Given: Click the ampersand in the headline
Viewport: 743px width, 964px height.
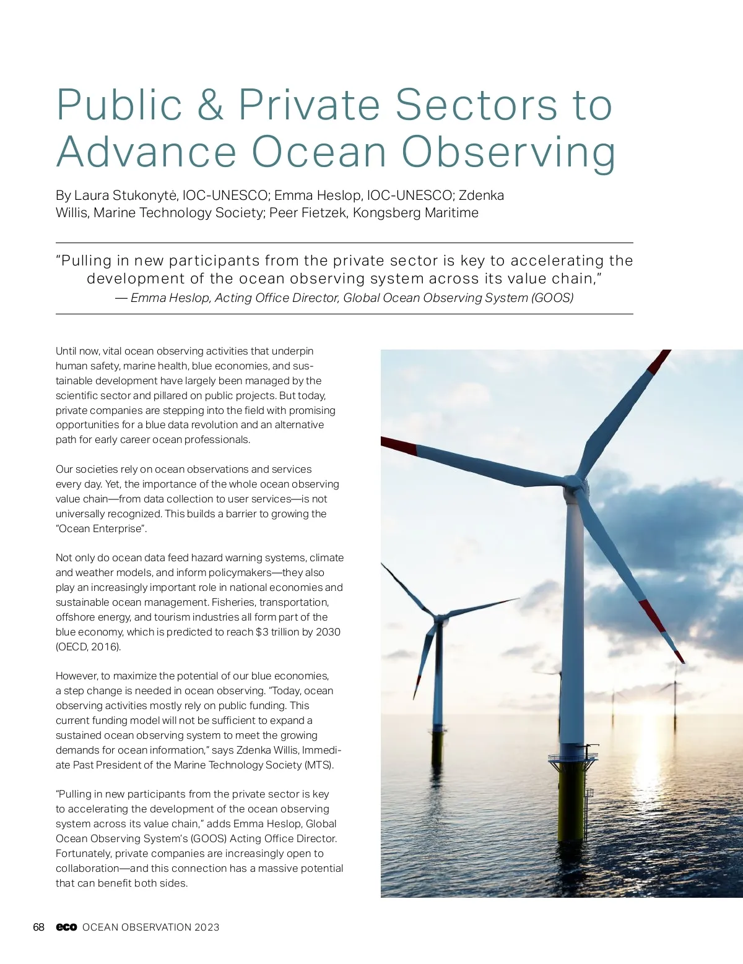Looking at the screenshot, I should pyautogui.click(x=210, y=105).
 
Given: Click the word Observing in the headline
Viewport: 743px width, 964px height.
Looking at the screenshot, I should pyautogui.click(x=508, y=152).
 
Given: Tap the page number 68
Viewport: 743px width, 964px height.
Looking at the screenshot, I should pyautogui.click(x=38, y=927).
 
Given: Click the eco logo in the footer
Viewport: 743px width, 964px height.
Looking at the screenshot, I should pyautogui.click(x=66, y=927).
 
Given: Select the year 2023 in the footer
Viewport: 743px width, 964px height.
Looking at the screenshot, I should pyautogui.click(x=207, y=927).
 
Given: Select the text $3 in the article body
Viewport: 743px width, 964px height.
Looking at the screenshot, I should pyautogui.click(x=262, y=632).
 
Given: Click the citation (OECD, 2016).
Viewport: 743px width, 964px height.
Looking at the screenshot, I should pyautogui.click(x=89, y=647).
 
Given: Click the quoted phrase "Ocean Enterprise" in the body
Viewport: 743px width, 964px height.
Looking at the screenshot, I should pyautogui.click(x=102, y=528).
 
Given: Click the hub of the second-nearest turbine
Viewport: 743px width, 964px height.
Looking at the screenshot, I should pyautogui.click(x=439, y=618).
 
